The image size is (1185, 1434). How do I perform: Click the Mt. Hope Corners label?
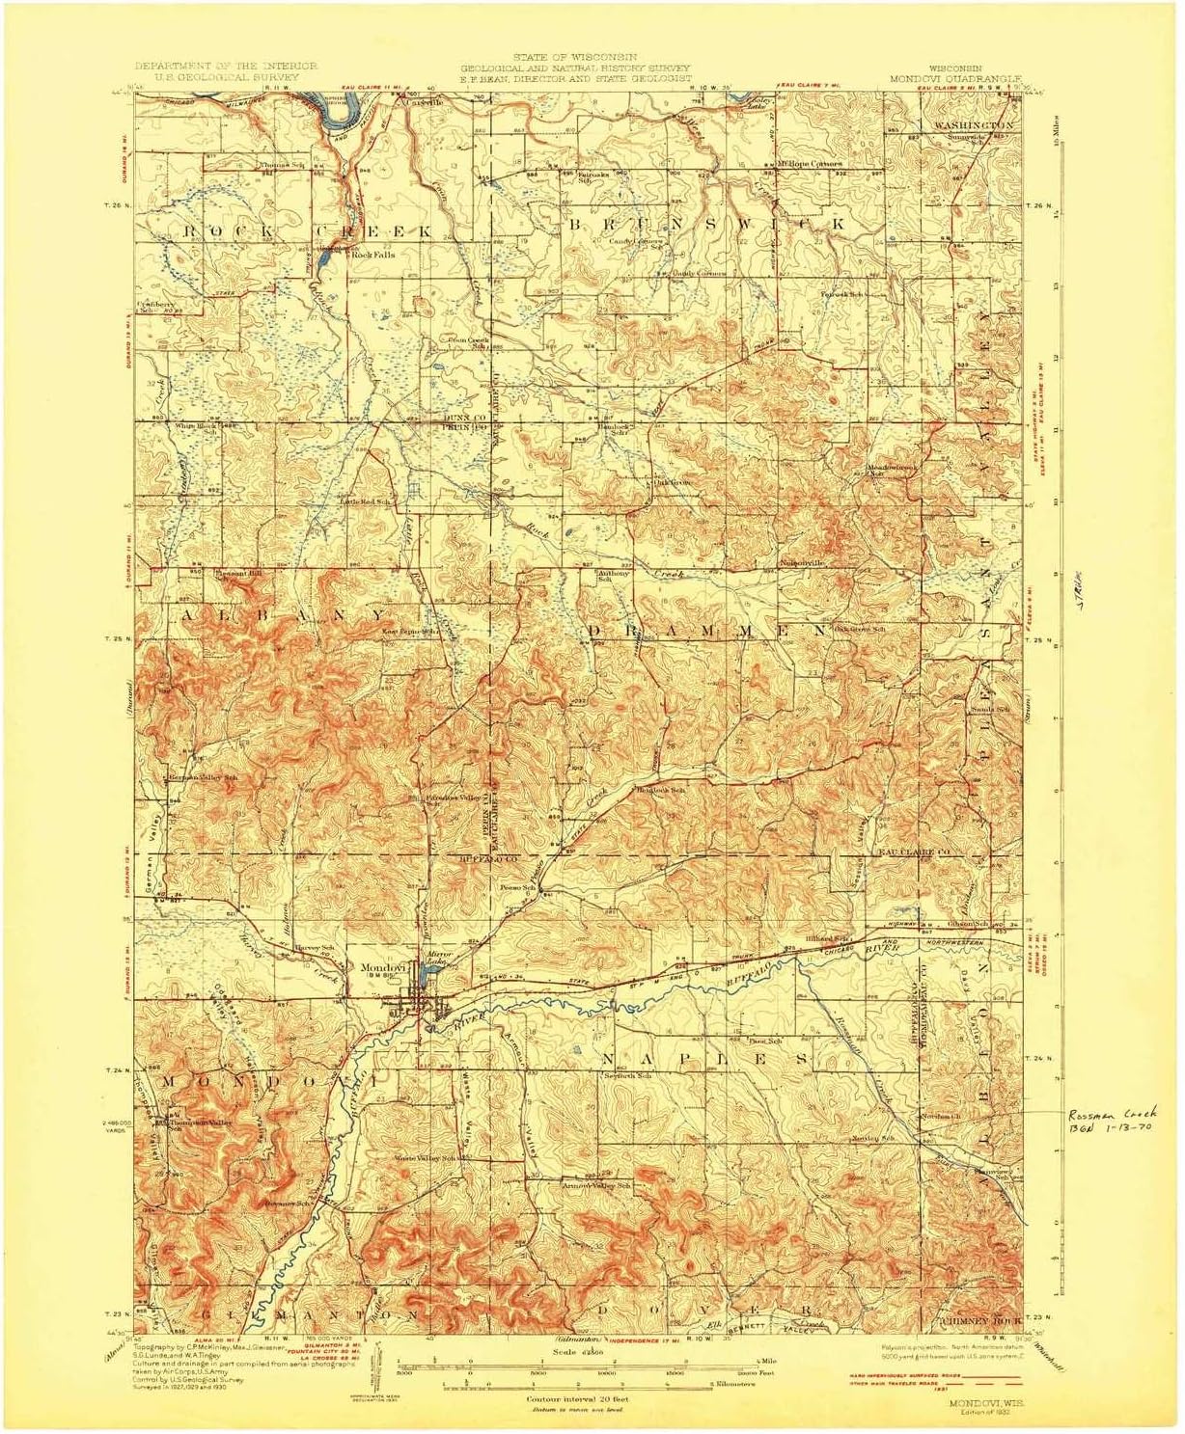[809, 164]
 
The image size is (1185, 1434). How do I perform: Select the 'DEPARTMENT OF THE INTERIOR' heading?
[226, 66]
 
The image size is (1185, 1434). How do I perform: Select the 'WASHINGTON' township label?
[973, 126]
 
